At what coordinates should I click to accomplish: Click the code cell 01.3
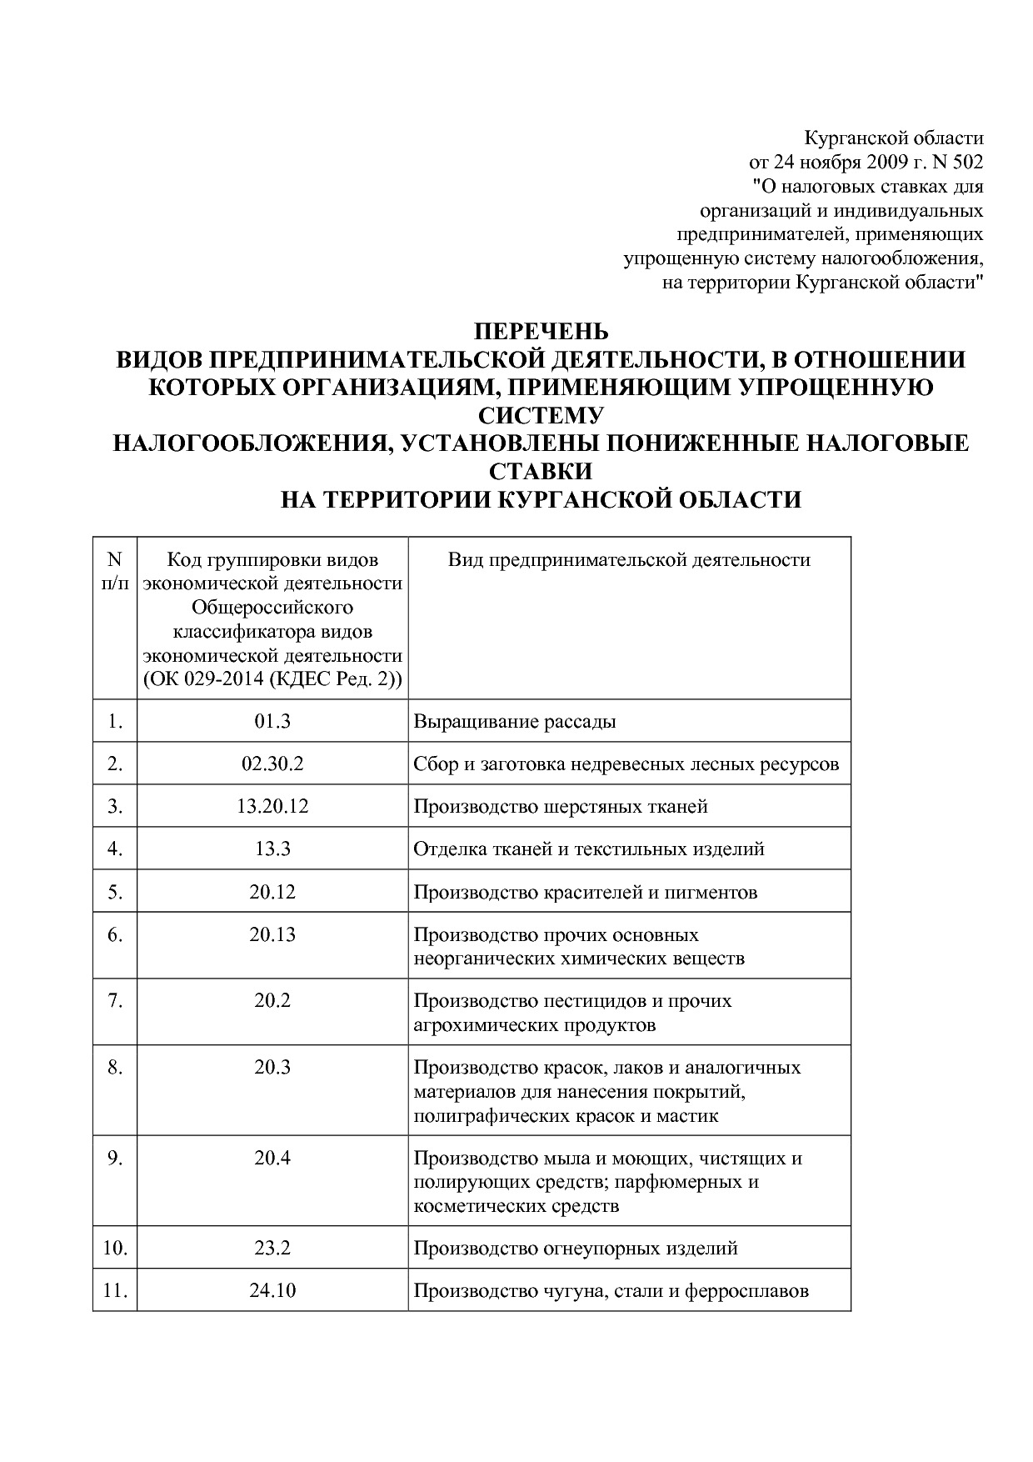click(272, 722)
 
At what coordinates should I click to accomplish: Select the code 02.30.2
click(272, 764)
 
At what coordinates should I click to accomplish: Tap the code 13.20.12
click(272, 807)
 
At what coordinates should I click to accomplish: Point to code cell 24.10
click(272, 1291)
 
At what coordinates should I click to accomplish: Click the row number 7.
click(115, 1000)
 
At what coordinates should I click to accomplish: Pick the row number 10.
click(115, 1249)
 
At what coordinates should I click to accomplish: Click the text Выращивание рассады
click(515, 722)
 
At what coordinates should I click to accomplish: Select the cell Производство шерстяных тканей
click(561, 807)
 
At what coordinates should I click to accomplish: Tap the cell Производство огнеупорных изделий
click(576, 1249)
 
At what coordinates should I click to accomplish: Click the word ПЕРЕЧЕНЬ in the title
click(541, 332)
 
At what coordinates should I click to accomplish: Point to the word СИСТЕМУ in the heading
click(541, 415)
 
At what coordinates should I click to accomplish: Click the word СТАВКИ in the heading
click(541, 471)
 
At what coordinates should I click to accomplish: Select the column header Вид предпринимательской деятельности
click(629, 560)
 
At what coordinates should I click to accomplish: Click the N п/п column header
click(115, 571)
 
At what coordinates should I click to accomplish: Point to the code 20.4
click(272, 1158)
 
